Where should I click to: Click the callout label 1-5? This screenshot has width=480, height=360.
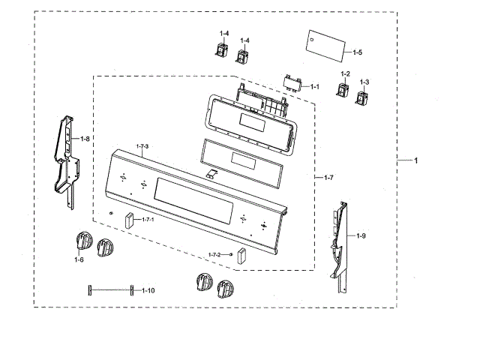[x=357, y=52]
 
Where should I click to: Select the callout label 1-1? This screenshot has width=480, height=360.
[x=316, y=86]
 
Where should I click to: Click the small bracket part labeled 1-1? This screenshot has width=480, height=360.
[x=292, y=82]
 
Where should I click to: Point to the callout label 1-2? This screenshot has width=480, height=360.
[x=345, y=73]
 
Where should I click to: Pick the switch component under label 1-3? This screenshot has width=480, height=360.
[x=363, y=99]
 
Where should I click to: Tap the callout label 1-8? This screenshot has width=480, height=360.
[x=85, y=139]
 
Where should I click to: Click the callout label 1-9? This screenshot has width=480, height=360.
[x=361, y=236]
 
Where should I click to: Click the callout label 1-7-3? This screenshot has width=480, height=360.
[x=142, y=145]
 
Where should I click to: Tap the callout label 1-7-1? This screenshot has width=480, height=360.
[x=147, y=219]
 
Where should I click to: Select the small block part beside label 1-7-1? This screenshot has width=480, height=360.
[x=130, y=220]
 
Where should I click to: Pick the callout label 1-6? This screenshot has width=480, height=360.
[x=79, y=259]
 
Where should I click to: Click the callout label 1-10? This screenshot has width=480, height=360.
[x=148, y=289]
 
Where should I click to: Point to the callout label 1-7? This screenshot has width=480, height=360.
[x=328, y=177]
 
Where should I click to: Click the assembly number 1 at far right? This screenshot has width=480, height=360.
[x=416, y=160]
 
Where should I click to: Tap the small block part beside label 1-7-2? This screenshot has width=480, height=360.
[x=241, y=254]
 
